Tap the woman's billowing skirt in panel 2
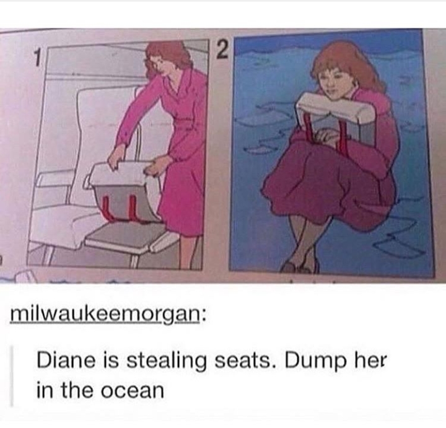[x=322, y=186]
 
